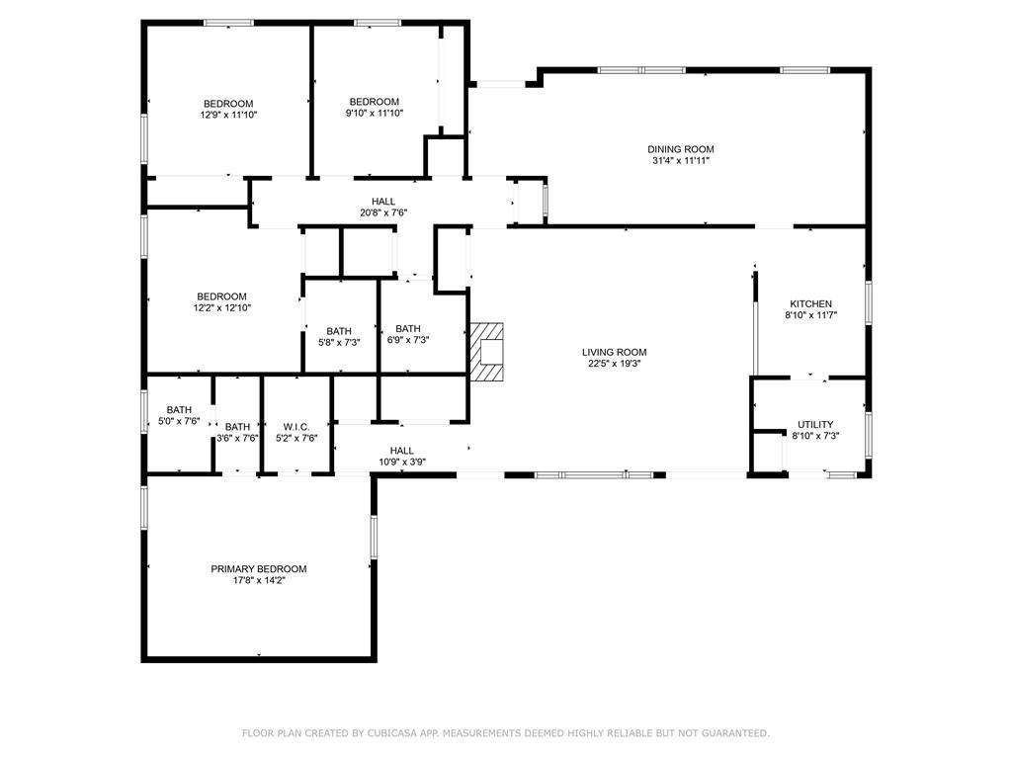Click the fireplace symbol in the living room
[486, 352]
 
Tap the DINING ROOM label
[681, 149]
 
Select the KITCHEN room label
[810, 304]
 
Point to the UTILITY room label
[815, 425]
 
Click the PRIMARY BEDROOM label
[259, 569]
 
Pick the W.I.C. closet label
[296, 427]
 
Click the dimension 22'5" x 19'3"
[614, 364]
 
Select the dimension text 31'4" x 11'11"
[681, 161]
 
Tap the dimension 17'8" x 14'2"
[259, 581]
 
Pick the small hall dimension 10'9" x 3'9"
[401, 463]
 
